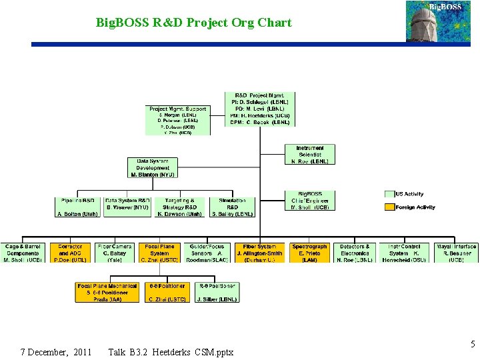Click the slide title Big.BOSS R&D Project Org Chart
(x=193, y=23)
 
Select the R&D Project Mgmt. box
(x=260, y=109)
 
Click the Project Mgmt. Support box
(x=177, y=120)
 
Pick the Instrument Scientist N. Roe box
(x=310, y=154)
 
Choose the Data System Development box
(x=153, y=167)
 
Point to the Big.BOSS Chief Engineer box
(x=310, y=200)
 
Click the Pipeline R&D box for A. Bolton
(x=77, y=207)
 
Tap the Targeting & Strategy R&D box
(x=179, y=207)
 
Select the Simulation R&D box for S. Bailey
(x=232, y=207)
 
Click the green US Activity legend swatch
(x=389, y=194)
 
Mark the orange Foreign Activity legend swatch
(x=389, y=207)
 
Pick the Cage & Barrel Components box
(x=23, y=253)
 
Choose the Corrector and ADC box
(x=70, y=253)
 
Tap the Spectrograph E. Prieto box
(x=309, y=253)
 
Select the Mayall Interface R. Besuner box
(x=456, y=253)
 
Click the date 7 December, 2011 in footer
(x=56, y=351)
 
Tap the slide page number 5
(x=473, y=345)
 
